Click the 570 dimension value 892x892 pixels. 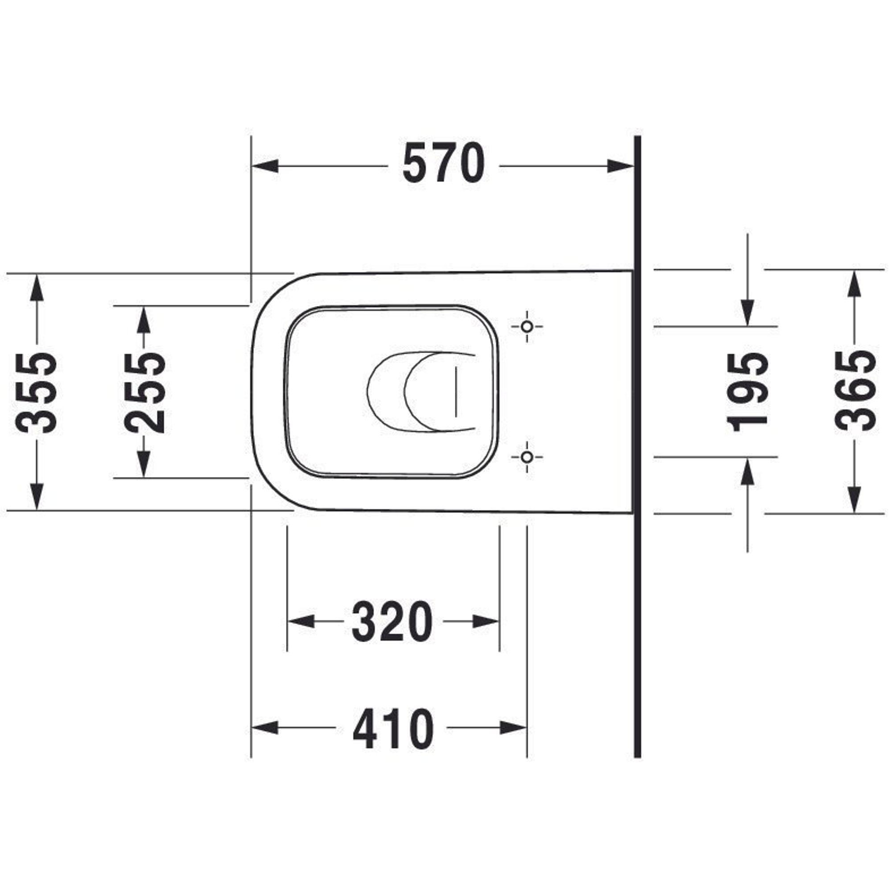pos(444,163)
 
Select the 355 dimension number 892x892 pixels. pos(37,392)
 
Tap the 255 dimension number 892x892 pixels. pos(145,392)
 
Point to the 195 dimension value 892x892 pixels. pos(747,392)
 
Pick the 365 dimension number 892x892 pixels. pos(855,392)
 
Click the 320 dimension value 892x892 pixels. pos(392,621)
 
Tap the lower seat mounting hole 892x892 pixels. pos(527,457)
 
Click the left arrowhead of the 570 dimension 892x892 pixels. pos(265,166)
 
